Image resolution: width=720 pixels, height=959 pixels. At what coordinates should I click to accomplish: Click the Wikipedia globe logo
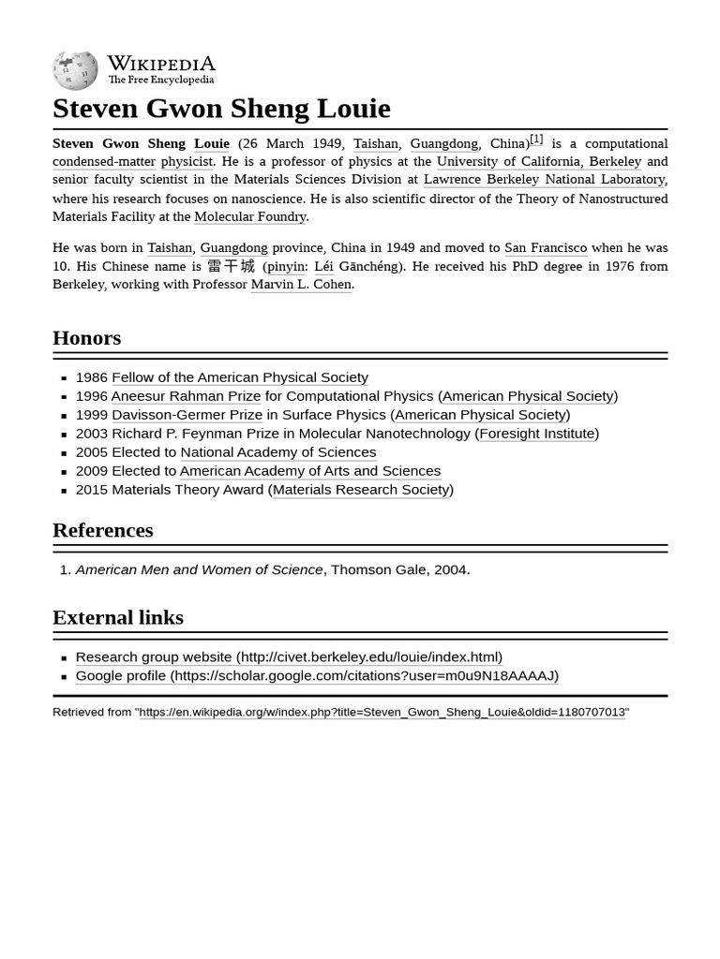[75, 70]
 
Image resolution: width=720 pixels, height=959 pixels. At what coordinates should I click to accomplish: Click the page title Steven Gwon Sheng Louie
[221, 109]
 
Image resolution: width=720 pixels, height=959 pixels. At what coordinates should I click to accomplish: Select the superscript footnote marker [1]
[536, 139]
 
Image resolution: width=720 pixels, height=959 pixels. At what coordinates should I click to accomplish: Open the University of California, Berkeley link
[538, 161]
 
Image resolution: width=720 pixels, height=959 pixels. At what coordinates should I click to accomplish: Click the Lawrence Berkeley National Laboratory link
[544, 179]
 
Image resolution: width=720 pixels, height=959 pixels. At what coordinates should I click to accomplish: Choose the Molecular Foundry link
[249, 216]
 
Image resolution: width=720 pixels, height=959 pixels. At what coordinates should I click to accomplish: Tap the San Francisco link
[545, 247]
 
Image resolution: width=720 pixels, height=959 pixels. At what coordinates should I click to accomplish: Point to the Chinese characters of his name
[231, 266]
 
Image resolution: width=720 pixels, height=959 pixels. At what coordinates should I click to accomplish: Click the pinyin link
[285, 266]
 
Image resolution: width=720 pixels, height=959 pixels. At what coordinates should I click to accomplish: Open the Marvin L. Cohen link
[301, 284]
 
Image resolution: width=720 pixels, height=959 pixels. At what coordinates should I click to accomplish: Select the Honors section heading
[86, 337]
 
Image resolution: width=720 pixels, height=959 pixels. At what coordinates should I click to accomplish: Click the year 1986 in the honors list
[91, 377]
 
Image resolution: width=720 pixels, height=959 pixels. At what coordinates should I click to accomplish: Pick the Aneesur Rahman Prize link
[186, 396]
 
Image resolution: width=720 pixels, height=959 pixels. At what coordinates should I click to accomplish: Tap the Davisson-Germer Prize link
[187, 415]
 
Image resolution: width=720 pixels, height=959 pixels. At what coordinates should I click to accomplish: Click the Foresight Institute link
[536, 434]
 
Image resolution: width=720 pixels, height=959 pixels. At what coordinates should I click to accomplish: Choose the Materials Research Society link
[361, 490]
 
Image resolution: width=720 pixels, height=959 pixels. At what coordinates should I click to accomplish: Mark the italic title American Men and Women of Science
[199, 569]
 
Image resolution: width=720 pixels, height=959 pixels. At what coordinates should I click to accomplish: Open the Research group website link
[289, 657]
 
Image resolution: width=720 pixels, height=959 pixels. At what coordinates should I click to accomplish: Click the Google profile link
[317, 675]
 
